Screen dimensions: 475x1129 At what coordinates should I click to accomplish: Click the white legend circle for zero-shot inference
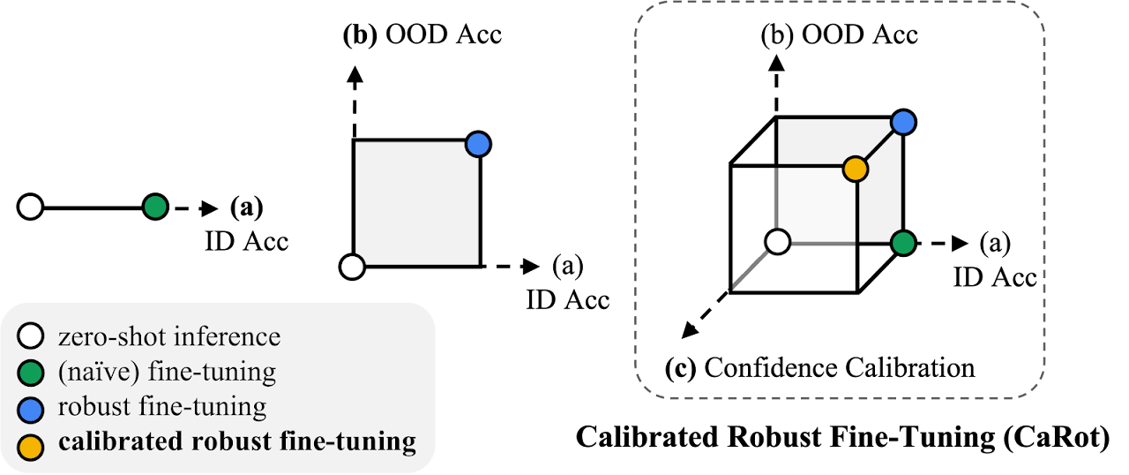point(32,336)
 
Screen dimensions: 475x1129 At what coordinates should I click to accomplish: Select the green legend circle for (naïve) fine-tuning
point(32,373)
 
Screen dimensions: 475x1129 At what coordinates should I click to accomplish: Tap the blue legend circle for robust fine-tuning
point(32,408)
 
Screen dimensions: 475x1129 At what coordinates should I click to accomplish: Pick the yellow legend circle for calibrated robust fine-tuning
point(32,444)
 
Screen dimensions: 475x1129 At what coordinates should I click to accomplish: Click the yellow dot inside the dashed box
point(855,169)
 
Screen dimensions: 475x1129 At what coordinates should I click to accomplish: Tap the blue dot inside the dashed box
point(902,123)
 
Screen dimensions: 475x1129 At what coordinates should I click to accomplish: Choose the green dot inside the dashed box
point(902,243)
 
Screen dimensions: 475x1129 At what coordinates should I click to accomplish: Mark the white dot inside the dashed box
point(777,242)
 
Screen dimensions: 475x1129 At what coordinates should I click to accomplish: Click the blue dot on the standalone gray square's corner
point(477,145)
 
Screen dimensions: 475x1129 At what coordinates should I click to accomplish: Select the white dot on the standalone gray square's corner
point(352,267)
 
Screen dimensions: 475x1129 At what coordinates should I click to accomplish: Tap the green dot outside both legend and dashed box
point(155,207)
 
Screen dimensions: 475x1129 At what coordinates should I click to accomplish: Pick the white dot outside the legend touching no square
point(31,207)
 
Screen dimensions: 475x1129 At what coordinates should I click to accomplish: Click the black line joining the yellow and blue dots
point(879,146)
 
